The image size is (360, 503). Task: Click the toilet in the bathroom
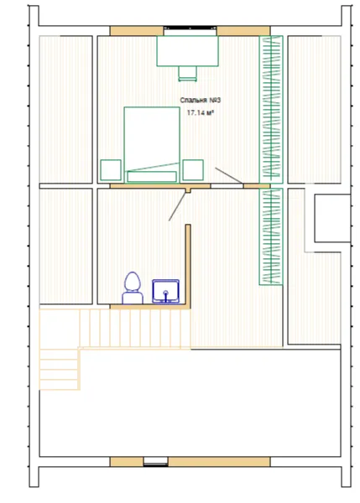pyautogui.click(x=133, y=288)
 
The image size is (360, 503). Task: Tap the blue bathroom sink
pyautogui.click(x=165, y=291)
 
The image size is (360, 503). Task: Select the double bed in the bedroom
pyautogui.click(x=152, y=145)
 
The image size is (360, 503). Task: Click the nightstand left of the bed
pyautogui.click(x=111, y=169)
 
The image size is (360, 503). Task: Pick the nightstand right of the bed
pyautogui.click(x=193, y=169)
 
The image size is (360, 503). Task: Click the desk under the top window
pyautogui.click(x=187, y=51)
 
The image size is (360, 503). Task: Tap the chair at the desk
pyautogui.click(x=187, y=74)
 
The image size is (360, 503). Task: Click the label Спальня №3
pyautogui.click(x=201, y=101)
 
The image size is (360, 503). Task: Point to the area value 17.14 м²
pyautogui.click(x=201, y=112)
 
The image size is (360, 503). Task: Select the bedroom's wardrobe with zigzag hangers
pyautogui.click(x=271, y=109)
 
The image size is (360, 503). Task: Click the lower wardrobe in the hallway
pyautogui.click(x=271, y=236)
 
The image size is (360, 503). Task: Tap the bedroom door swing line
pyautogui.click(x=229, y=175)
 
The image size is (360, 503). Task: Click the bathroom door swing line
pyautogui.click(x=178, y=206)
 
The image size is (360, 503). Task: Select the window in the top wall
pyautogui.click(x=190, y=29)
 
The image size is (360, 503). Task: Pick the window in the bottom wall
pyautogui.click(x=155, y=461)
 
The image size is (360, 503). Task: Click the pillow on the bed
pyautogui.click(x=152, y=176)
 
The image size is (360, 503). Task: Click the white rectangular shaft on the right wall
pyautogui.click(x=332, y=218)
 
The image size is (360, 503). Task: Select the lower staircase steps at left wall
pyautogui.click(x=60, y=369)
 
